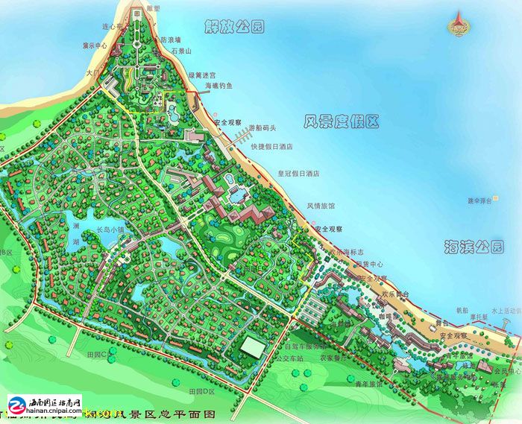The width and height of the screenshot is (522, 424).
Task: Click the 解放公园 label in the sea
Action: (x=234, y=28)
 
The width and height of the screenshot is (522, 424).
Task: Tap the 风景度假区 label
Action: (x=342, y=121)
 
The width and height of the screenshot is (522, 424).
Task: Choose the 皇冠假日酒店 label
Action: (x=298, y=173)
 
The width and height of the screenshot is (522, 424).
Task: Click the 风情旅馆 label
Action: (x=321, y=206)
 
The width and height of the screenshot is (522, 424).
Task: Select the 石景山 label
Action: (x=181, y=51)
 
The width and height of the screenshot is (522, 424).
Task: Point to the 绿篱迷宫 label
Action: (x=201, y=75)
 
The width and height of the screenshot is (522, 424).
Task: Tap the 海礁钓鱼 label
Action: (x=218, y=86)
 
